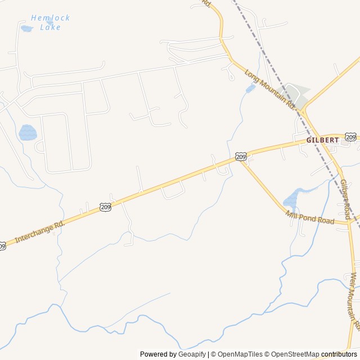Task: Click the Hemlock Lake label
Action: (50, 22)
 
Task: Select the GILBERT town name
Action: (322, 139)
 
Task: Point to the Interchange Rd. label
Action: (40, 231)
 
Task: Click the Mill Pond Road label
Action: (310, 217)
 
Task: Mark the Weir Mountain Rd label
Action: (354, 301)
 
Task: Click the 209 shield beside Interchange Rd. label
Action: (106, 208)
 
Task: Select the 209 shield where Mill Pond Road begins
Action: (241, 156)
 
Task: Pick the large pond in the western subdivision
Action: (28, 133)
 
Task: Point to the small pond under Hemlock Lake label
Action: (26, 28)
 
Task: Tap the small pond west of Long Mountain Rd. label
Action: (250, 88)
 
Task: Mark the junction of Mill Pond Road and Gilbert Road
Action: (349, 223)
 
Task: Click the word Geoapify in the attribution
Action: (192, 354)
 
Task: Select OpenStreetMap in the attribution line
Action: (292, 354)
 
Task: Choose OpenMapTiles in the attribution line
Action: (240, 354)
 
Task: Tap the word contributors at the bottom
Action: (339, 354)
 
